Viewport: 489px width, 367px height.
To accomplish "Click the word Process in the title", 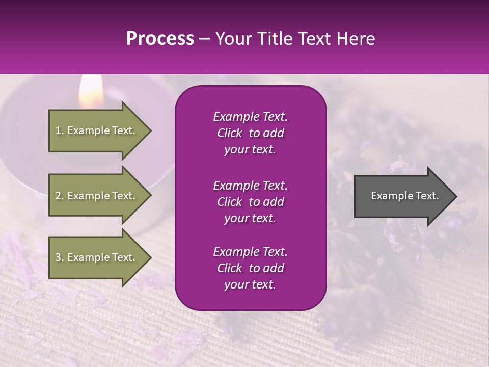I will (x=160, y=39).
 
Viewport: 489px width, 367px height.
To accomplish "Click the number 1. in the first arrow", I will (x=60, y=130).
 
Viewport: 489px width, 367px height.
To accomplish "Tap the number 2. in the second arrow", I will (x=60, y=196).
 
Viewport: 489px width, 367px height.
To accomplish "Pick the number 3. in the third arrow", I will (x=60, y=257).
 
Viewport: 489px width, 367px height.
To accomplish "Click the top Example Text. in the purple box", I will (x=250, y=117).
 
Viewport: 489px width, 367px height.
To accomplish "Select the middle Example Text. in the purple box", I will (x=250, y=185).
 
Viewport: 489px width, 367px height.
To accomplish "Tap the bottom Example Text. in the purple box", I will (x=250, y=252).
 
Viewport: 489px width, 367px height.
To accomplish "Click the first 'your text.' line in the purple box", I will (x=250, y=149).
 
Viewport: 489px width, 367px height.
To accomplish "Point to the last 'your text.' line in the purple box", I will (x=250, y=284).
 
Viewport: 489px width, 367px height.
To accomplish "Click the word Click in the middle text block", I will (x=229, y=202).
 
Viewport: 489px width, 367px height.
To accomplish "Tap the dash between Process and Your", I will (x=205, y=39).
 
